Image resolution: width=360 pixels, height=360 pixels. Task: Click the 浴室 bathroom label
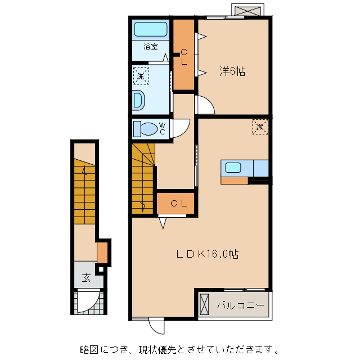pos(150,47)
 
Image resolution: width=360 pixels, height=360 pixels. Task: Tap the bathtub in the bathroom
pos(151,30)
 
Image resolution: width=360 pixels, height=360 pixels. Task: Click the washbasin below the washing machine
pos(139,101)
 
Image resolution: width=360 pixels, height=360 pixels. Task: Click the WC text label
pos(162,128)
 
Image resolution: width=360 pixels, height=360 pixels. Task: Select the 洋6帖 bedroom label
pos(232,71)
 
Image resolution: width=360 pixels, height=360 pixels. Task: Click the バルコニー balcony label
pos(240,305)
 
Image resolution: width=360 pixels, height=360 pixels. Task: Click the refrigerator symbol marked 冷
pos(260,127)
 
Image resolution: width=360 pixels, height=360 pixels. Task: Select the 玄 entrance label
pos(86,277)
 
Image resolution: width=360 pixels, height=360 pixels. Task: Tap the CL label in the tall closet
pos(183,57)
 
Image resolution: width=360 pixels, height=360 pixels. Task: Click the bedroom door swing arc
pos(204,105)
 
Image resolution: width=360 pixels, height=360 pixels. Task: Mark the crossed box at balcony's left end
pos(204,305)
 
